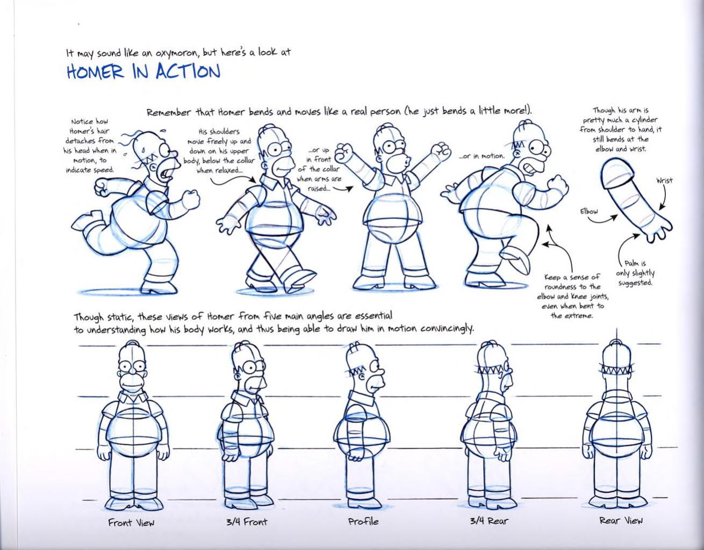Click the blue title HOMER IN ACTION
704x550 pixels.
(x=143, y=72)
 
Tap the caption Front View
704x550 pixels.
(x=131, y=522)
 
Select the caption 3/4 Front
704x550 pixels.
(x=247, y=522)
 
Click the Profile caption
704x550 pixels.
(x=363, y=521)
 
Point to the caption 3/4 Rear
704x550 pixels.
(x=489, y=520)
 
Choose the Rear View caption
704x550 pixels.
(x=621, y=520)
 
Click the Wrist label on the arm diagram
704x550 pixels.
(x=664, y=180)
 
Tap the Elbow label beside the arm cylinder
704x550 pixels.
(x=588, y=211)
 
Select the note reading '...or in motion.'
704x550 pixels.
(x=482, y=156)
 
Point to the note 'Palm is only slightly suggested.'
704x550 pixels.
(x=635, y=272)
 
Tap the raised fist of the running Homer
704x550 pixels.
(x=191, y=199)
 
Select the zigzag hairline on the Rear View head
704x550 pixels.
(x=621, y=370)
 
